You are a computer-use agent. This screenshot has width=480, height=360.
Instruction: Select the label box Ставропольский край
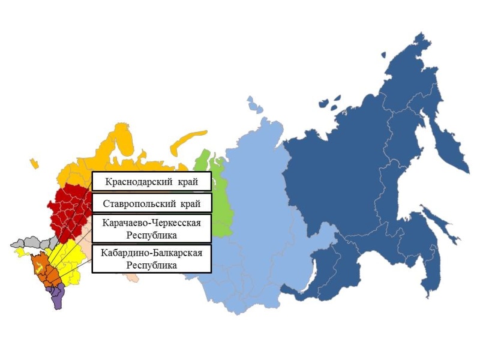click(x=152, y=203)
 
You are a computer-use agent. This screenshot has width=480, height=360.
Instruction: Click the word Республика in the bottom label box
click(x=152, y=264)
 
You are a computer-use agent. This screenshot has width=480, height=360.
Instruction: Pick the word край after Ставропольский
click(x=195, y=203)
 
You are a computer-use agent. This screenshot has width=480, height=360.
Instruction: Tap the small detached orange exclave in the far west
click(x=34, y=162)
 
